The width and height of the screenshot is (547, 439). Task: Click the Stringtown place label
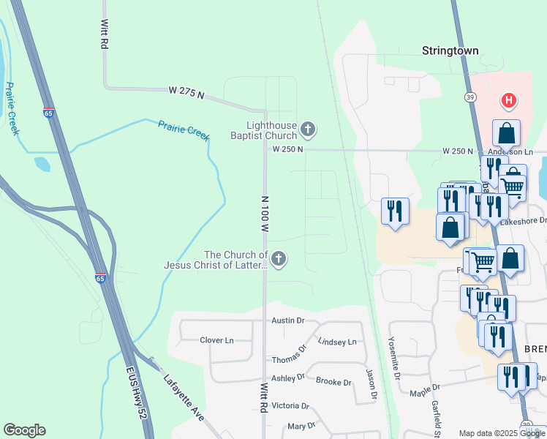pos(450,51)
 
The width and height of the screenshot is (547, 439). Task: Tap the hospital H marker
pos(508,100)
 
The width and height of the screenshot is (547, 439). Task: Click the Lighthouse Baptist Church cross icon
pos(308,130)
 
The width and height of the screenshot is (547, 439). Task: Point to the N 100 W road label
pos(265,214)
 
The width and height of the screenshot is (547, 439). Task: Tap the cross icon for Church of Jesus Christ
pos(278,258)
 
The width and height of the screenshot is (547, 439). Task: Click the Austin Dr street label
pos(287,320)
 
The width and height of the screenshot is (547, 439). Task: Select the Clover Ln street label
pos(216,340)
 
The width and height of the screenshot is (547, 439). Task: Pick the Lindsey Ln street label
pos(337,342)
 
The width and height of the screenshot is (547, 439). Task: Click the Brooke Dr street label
pos(333,380)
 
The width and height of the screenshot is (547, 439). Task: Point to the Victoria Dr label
pos(290,405)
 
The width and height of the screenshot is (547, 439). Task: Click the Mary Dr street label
pos(301,426)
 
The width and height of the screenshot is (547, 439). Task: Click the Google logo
pos(24,430)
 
